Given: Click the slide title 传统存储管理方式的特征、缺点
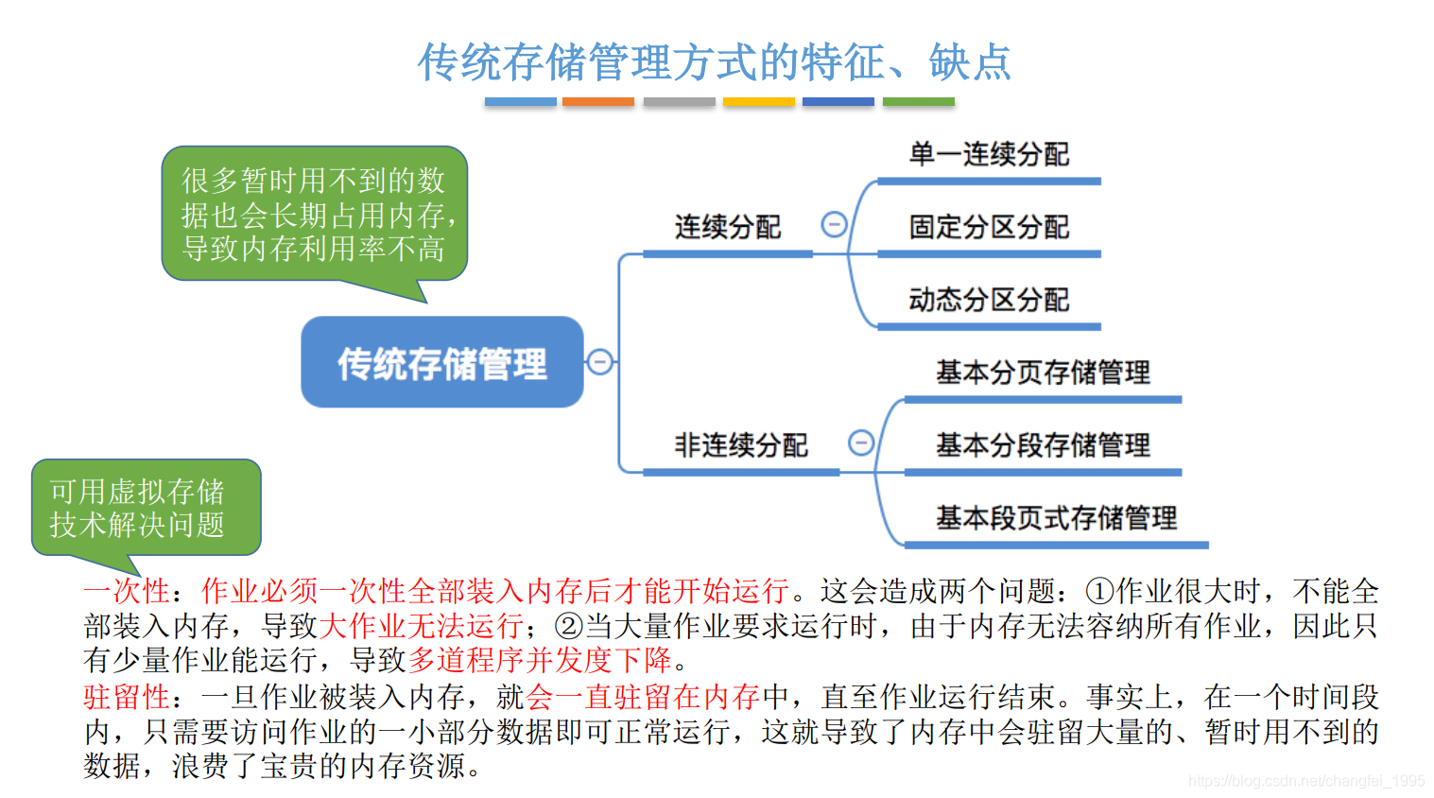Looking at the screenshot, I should [715, 62].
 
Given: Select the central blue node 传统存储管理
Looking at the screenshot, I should [442, 363].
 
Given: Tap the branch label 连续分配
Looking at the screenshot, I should [728, 227].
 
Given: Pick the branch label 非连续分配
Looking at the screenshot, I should [741, 444].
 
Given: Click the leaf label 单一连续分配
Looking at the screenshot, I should [989, 154].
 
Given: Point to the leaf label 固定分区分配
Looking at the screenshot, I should [989, 227].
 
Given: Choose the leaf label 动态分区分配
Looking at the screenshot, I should [989, 300].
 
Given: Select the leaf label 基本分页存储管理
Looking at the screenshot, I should [1043, 373].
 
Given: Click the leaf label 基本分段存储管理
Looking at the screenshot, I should [1043, 444].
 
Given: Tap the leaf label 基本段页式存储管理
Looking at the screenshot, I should [1056, 517].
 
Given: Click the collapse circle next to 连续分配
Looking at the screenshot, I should [834, 225].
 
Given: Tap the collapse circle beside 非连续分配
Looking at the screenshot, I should [860, 442].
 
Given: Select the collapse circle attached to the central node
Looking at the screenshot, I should [599, 361].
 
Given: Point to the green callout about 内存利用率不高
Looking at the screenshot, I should [314, 215].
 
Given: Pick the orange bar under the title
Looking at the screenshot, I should [597, 101].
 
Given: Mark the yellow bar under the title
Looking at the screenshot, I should [758, 101].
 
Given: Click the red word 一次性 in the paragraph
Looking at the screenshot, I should [127, 591].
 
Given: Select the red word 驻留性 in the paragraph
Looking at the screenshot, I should [127, 697].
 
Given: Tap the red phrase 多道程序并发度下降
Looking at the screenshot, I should [539, 659].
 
